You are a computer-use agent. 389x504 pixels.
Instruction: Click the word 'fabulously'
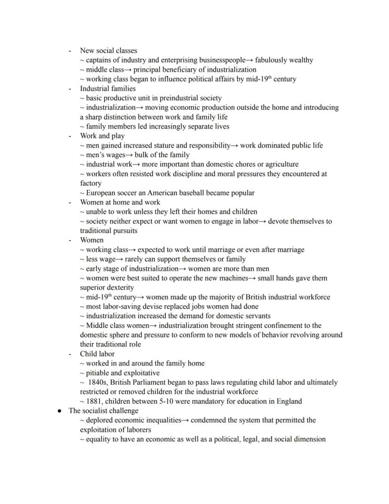[272, 60]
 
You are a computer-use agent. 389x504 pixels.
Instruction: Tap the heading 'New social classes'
[109, 50]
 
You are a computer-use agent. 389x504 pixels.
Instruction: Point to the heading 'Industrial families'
[108, 88]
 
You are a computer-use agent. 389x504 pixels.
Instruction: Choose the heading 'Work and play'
[102, 136]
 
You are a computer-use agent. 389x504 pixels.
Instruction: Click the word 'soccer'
[134, 193]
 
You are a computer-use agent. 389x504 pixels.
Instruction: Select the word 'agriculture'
[280, 164]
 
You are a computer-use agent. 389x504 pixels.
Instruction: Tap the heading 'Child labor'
[97, 354]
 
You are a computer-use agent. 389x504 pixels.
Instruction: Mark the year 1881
[95, 401]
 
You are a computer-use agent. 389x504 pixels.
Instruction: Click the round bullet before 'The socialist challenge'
[60, 411]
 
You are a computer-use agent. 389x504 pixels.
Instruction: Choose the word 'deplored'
[101, 420]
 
